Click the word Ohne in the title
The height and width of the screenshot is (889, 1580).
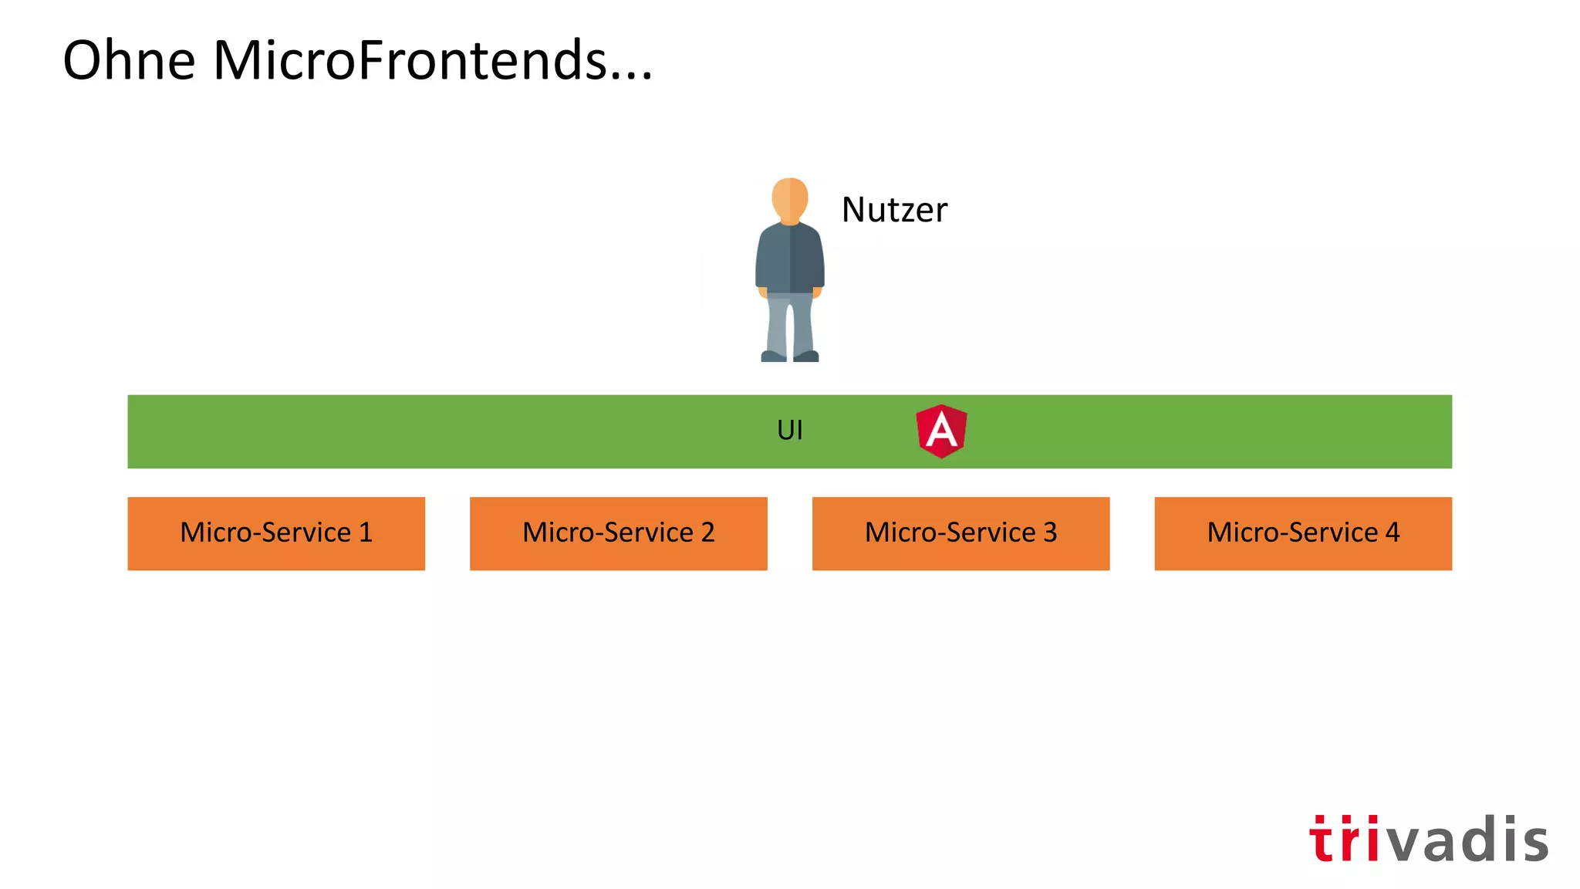coord(129,60)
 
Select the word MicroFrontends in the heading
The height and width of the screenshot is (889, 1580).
coord(409,60)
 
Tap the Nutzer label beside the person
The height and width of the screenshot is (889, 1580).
coord(894,210)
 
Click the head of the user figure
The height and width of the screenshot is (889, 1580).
coord(789,198)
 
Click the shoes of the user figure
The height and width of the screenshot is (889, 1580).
coord(789,356)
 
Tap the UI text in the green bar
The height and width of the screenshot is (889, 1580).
coord(789,431)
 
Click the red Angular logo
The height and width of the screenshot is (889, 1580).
coord(941,431)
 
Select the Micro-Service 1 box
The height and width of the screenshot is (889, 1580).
coord(276,533)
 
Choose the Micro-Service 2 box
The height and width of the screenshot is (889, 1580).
coord(618,533)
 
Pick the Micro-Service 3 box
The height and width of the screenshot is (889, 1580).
coord(960,533)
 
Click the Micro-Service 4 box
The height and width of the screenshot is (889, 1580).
coord(1303,533)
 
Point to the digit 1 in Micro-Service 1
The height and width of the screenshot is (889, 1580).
coord(366,532)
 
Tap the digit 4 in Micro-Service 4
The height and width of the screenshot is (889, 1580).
coord(1393,532)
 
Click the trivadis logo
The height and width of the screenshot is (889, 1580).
coord(1428,839)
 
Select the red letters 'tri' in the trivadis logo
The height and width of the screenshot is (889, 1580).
coord(1344,839)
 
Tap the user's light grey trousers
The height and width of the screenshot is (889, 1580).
coord(789,324)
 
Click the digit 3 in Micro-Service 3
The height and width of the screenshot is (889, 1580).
coord(1050,532)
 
